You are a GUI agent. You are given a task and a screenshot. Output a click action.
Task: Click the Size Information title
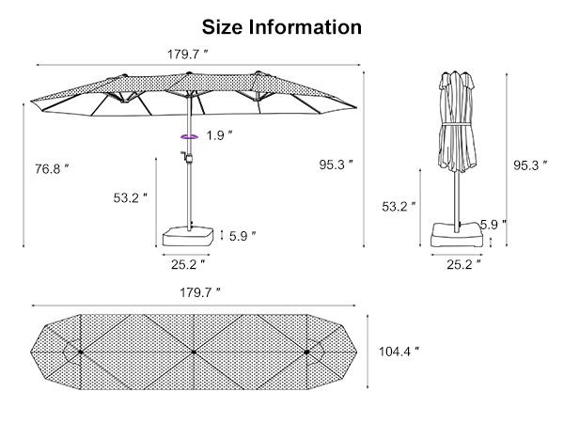pos(282,26)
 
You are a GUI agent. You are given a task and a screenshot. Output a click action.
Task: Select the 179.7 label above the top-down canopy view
pos(200,292)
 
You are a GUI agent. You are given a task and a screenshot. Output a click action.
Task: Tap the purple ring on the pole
pos(189,136)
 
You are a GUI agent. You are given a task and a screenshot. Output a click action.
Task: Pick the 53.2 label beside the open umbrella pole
pos(132,198)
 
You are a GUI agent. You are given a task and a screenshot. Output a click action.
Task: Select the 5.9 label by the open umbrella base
pos(243,236)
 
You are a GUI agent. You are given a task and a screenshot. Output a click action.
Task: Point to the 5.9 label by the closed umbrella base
pos(493,224)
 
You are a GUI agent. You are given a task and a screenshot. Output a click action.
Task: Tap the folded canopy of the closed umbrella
pos(459,122)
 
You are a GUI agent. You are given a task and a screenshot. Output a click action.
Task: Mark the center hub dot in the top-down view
pos(193,352)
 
